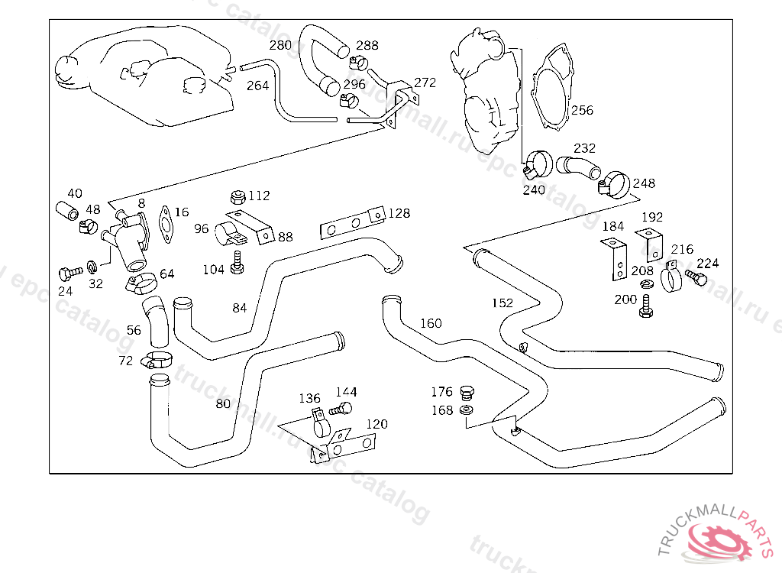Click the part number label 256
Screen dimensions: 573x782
(582, 111)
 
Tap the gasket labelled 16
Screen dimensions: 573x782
(166, 222)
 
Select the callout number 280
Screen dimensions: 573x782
(280, 46)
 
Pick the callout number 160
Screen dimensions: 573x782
(431, 323)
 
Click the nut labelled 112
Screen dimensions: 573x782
(238, 197)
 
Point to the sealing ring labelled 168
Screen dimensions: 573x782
(467, 412)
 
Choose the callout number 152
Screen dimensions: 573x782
(502, 303)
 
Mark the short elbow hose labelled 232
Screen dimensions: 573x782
(579, 167)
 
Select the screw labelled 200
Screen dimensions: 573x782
(645, 308)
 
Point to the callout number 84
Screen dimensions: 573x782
(240, 309)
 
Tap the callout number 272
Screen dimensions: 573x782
(425, 83)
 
